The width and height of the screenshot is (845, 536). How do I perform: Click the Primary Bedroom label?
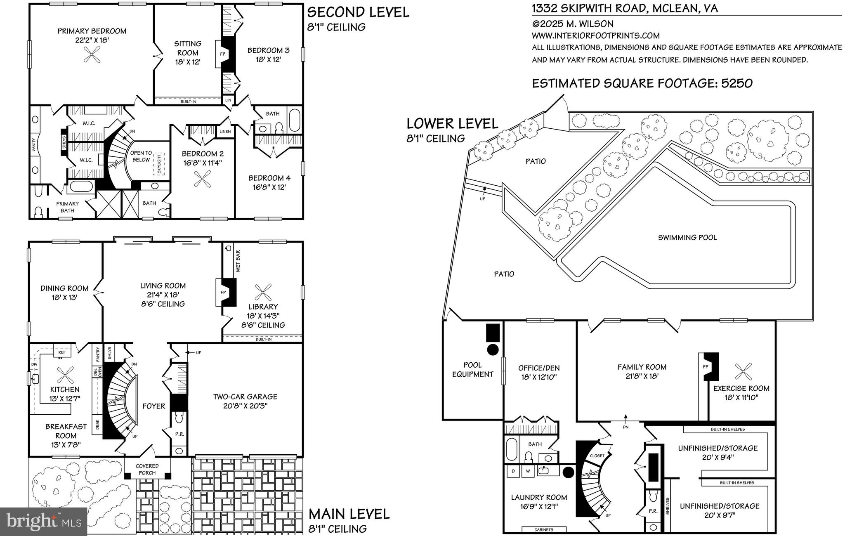coord(92,31)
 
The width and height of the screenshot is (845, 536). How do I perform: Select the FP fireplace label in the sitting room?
coord(223,54)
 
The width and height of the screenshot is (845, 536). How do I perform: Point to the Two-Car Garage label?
coord(245,397)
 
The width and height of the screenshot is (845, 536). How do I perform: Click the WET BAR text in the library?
coord(238,261)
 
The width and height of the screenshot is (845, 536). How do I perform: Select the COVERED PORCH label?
coord(147,469)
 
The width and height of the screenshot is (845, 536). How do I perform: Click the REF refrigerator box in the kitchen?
coord(62,352)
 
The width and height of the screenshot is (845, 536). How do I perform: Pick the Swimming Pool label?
coord(687,237)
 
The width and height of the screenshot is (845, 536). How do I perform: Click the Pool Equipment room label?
coord(472,369)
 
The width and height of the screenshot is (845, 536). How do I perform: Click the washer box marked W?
coord(528,471)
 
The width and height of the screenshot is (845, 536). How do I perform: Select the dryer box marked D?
coord(513,471)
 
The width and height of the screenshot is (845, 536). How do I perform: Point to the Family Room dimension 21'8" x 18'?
coord(642,376)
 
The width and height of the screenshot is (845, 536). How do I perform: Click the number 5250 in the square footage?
coord(737,83)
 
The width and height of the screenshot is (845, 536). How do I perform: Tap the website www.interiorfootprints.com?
coord(595,35)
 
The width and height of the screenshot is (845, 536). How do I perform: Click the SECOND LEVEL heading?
coord(358,12)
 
